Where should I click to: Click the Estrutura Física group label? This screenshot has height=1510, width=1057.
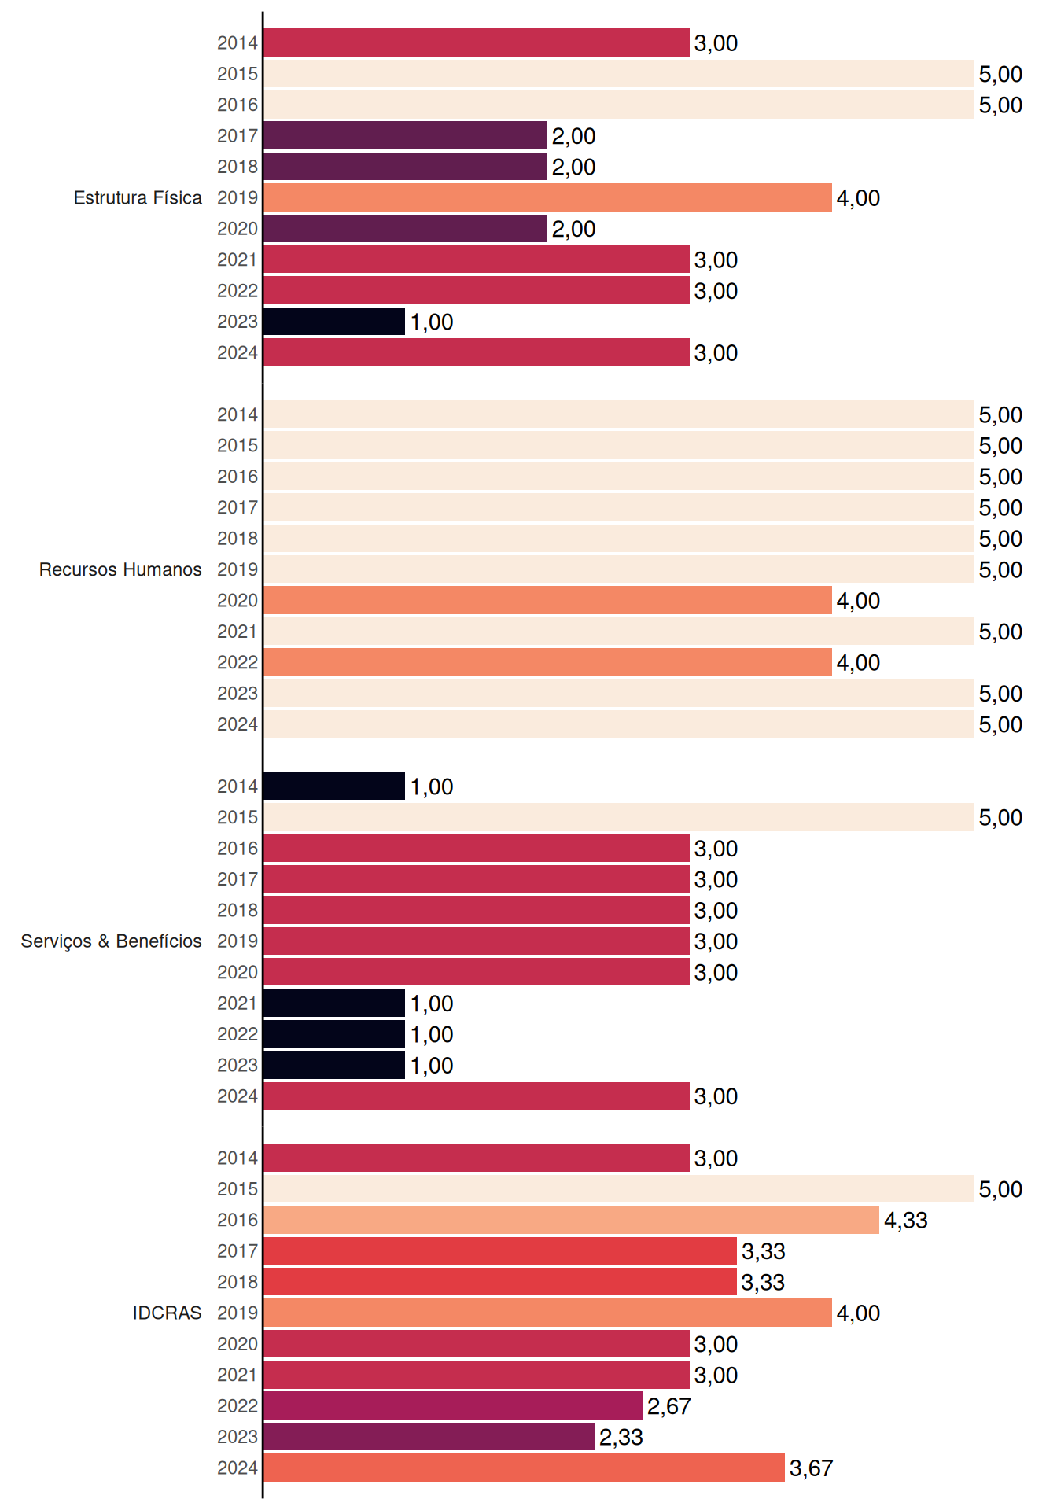coord(138,197)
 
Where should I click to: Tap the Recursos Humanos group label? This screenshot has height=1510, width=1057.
coord(120,569)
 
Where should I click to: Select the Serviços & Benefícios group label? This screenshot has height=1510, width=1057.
coord(111,941)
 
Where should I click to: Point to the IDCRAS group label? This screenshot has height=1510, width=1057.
coord(167,1313)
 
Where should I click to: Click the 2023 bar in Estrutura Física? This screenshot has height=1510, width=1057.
coord(334,322)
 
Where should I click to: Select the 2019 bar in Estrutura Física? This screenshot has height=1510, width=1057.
coord(547,197)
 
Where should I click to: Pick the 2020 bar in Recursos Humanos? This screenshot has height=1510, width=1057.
coord(547,600)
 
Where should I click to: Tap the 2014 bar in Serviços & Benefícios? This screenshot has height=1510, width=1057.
coord(334,786)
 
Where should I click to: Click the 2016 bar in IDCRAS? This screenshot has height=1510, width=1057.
coord(571,1220)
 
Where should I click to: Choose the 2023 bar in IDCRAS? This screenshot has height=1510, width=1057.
coord(429,1437)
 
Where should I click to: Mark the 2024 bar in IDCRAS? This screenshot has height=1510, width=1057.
coord(524,1468)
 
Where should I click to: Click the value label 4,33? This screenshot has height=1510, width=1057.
coord(905,1221)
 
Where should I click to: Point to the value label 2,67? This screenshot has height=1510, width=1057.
coord(668,1406)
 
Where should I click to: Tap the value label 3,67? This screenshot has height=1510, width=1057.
coord(811,1468)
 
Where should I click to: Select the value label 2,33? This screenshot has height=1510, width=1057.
coord(621,1438)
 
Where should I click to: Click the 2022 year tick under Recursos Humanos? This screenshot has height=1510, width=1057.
coord(238,662)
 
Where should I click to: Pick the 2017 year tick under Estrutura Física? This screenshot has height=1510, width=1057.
coord(238,136)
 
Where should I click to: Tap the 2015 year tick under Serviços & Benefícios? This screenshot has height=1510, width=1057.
coord(238,817)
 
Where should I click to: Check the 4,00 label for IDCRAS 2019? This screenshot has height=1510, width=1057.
coord(858,1313)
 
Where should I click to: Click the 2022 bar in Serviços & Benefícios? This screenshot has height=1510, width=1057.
coord(334,1034)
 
